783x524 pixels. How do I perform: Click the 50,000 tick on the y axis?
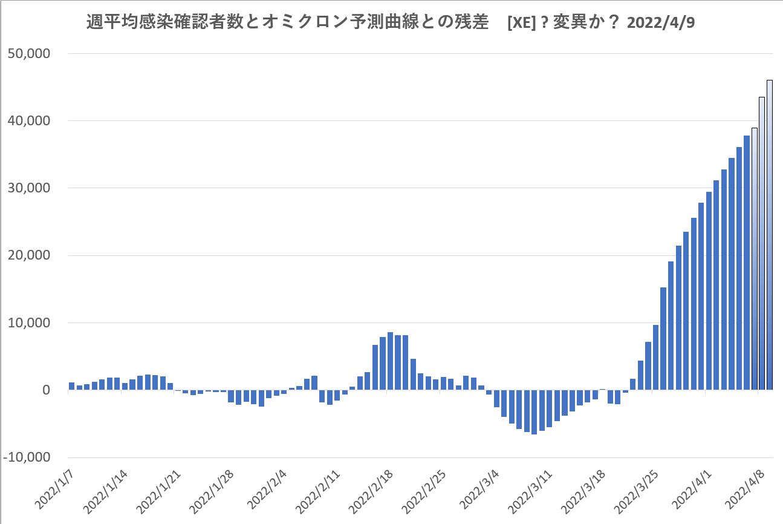coord(30,53)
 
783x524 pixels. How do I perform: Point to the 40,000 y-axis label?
coord(30,121)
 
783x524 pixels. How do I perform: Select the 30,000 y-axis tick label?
coord(30,188)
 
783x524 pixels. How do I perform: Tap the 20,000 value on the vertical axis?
coord(30,255)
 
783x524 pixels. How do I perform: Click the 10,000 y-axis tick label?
coord(30,323)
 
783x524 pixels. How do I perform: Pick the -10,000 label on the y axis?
coord(28,457)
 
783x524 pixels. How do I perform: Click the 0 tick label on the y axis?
coord(46,390)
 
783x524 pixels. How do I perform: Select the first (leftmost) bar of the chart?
coord(71,386)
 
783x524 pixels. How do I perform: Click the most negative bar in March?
coord(534,412)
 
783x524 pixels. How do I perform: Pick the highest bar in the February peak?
coord(391,361)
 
